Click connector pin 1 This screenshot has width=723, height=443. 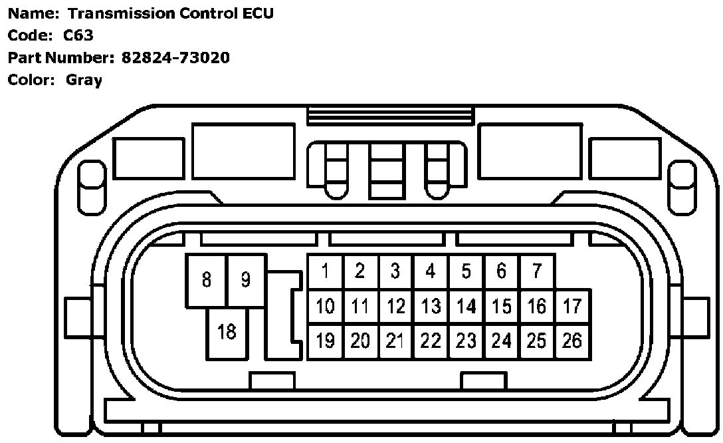point(326,271)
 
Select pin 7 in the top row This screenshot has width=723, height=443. point(537,271)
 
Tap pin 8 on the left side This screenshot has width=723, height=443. point(207,280)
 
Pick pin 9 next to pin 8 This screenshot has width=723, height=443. point(246,280)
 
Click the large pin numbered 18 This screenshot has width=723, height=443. point(227,332)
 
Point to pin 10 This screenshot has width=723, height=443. point(326,307)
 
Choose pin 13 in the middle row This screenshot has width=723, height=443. point(431,307)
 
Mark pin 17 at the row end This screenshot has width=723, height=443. point(572,307)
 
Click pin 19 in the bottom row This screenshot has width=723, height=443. point(326,341)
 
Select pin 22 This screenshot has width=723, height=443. point(431,341)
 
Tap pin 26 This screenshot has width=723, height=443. point(572,341)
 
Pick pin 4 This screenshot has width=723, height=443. point(431,271)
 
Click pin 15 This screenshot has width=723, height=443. point(502,307)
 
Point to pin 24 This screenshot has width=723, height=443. point(502,341)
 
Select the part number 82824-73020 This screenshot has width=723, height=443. point(175,58)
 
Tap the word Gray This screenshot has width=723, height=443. point(84,80)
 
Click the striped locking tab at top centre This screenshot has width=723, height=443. point(391,116)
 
